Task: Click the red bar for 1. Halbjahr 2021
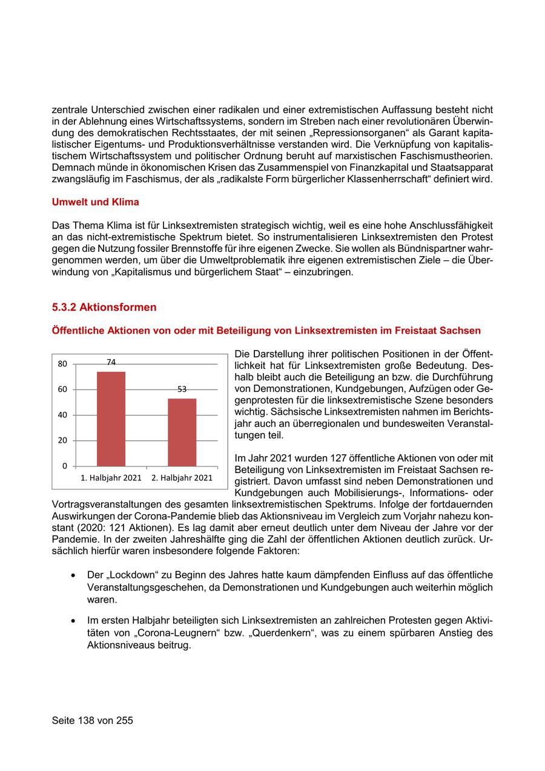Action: [x=111, y=419]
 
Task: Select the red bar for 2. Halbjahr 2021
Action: [x=182, y=432]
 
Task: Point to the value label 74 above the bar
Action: [x=111, y=362]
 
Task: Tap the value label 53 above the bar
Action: [x=182, y=389]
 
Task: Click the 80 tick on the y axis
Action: [x=62, y=364]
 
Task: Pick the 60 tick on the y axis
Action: [x=62, y=389]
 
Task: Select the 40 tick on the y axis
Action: [x=62, y=415]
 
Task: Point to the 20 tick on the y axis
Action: [x=62, y=440]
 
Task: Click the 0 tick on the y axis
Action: [x=65, y=466]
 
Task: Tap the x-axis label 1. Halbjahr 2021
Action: [x=111, y=478]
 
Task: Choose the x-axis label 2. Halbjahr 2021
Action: [x=182, y=478]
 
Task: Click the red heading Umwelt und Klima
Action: [x=96, y=201]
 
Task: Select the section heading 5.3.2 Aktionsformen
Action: [x=104, y=307]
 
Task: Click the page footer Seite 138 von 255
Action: [x=93, y=721]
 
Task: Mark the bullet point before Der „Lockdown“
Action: [x=73, y=575]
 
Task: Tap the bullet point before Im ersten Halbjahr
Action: [x=73, y=621]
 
